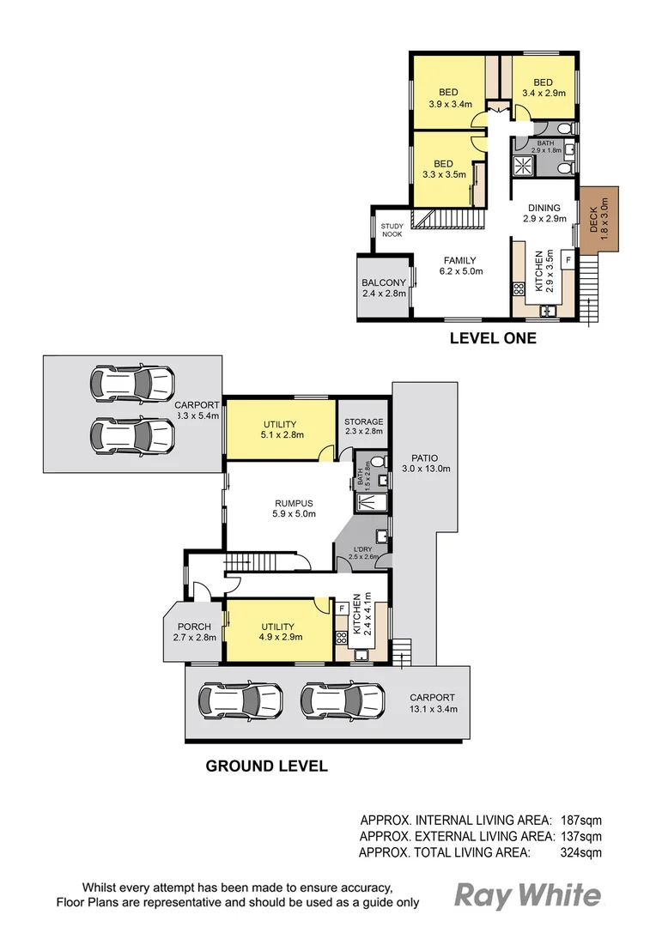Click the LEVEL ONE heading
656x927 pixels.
(x=493, y=338)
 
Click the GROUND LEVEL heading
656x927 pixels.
(x=266, y=766)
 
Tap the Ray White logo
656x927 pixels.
(x=527, y=896)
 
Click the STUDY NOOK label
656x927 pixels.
(x=392, y=230)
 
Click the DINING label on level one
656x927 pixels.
(x=544, y=208)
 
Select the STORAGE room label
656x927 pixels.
(x=364, y=422)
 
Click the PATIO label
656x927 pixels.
(x=425, y=457)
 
